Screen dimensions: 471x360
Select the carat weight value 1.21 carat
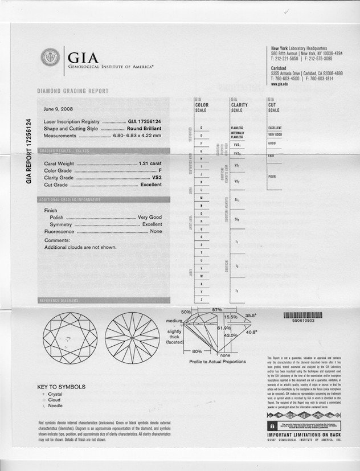coord(150,163)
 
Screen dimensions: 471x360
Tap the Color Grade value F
coord(160,170)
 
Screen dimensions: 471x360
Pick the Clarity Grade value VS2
coord(156,177)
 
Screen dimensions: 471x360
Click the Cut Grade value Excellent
coord(151,185)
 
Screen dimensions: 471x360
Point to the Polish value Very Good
coord(150,218)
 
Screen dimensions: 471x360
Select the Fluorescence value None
coord(156,232)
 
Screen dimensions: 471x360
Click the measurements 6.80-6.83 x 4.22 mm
coord(137,136)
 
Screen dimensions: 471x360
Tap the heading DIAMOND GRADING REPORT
coord(73,91)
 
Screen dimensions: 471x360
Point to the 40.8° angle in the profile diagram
coord(251,332)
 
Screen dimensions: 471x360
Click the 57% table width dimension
coord(216,309)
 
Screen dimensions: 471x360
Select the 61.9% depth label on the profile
coord(224,329)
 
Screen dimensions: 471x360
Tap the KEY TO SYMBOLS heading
coord(62,387)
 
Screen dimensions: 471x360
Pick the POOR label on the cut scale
coord(272,177)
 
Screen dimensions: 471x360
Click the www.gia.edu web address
coord(279,84)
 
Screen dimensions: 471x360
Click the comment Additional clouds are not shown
coord(80,247)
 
